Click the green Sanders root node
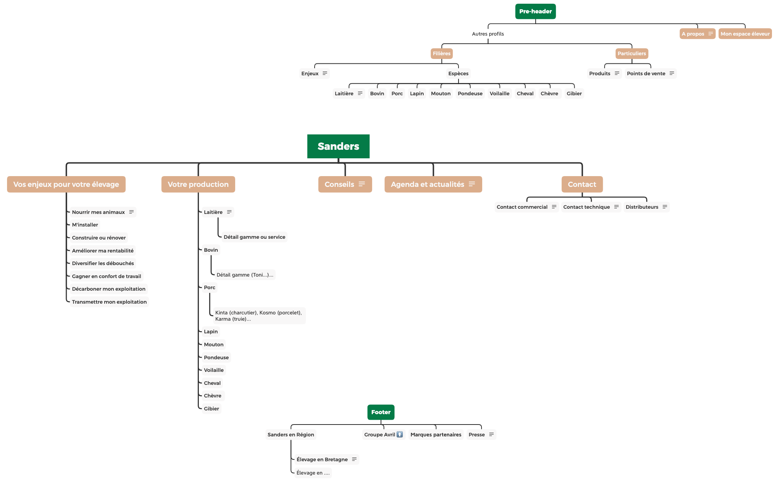(x=338, y=146)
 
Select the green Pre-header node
(x=535, y=11)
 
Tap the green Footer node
(x=381, y=412)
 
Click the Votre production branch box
(x=198, y=184)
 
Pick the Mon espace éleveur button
(x=745, y=34)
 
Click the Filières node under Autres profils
(x=441, y=53)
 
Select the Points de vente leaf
(x=646, y=73)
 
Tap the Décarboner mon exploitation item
(x=109, y=289)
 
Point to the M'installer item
(x=85, y=225)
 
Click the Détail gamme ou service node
(x=254, y=237)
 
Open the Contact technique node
(x=586, y=207)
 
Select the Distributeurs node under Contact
(x=642, y=207)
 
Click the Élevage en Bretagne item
(x=322, y=459)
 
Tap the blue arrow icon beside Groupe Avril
(x=400, y=435)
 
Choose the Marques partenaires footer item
(x=436, y=435)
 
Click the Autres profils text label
(x=488, y=34)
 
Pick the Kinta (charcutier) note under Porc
(x=259, y=316)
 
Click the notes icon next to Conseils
(x=362, y=184)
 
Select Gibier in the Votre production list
(x=211, y=409)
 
